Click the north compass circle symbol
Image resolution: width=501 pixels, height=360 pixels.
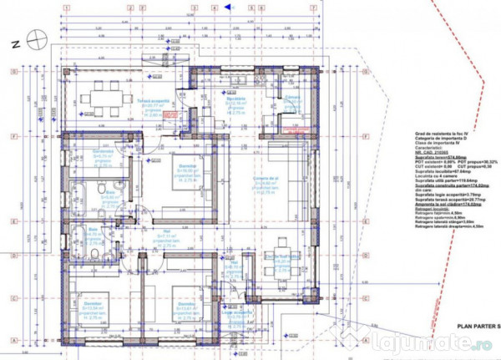point(34,38)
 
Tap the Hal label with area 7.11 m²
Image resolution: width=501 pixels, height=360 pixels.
point(180,240)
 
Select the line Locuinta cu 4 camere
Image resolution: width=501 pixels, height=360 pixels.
point(432,179)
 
